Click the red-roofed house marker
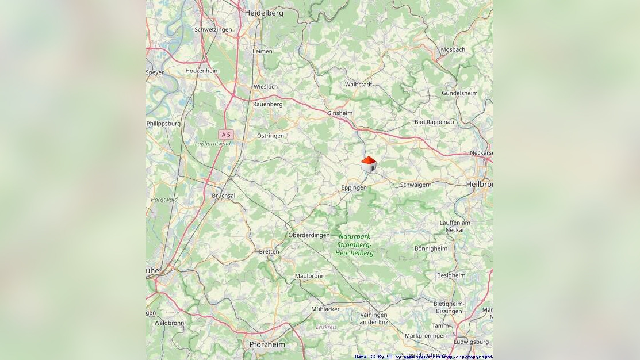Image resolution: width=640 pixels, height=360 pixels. point(369,164)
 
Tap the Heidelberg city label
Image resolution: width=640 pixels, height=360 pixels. point(264,13)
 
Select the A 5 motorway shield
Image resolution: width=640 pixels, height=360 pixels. point(225,134)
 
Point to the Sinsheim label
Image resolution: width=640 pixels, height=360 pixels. point(340,113)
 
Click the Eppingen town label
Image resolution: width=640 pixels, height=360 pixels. point(354,188)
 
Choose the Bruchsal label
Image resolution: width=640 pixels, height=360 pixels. point(224,196)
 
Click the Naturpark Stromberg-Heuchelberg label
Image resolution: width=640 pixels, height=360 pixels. point(355,244)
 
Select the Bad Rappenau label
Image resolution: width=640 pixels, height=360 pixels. point(434,122)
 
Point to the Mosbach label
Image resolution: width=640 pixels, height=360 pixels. point(453,50)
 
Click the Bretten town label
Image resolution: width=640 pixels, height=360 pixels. point(269,252)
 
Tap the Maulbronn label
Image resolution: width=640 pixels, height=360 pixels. point(309,276)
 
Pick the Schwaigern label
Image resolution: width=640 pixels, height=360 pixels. point(415,185)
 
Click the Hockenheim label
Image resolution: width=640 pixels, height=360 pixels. point(202,71)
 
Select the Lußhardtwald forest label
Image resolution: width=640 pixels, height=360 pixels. point(212,144)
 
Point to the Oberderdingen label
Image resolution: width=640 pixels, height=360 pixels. point(309,235)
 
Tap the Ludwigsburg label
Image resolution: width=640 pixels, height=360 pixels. point(470,342)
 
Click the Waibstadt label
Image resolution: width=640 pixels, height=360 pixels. point(358,85)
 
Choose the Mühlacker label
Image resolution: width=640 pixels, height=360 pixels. point(325,309)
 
